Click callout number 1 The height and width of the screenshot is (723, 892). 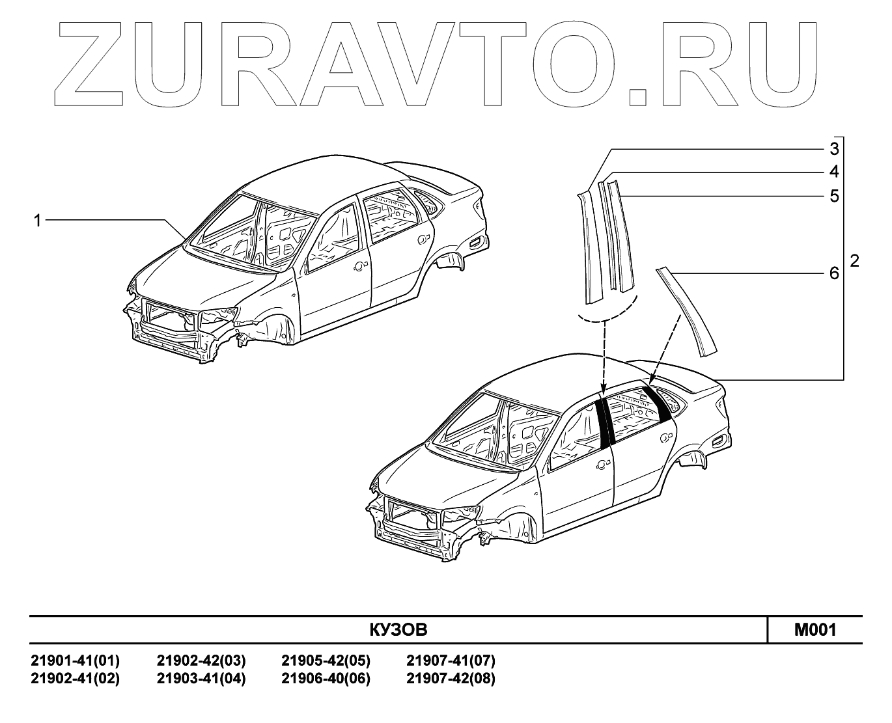click(38, 221)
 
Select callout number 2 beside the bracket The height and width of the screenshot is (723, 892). click(854, 261)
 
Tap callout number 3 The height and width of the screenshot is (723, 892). click(833, 149)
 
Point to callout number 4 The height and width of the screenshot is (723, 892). click(833, 172)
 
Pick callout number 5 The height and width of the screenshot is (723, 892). click(833, 196)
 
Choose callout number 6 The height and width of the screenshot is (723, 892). click(833, 274)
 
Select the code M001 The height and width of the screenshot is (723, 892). click(815, 630)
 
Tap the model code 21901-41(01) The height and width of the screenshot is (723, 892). click(76, 661)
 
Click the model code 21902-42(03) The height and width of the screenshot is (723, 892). click(201, 661)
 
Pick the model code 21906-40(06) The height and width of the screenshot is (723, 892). click(326, 679)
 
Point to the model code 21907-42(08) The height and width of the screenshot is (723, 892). click(451, 679)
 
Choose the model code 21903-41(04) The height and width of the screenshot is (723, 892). click(201, 679)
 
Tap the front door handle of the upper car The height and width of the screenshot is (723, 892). click(357, 267)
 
